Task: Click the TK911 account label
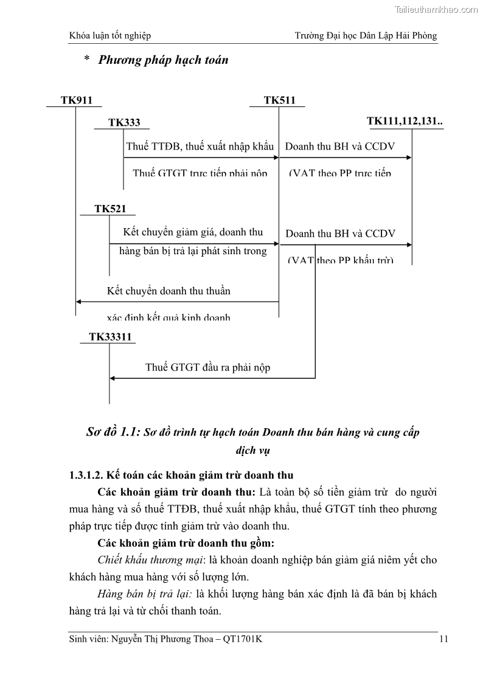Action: tap(77, 100)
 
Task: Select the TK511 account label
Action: tap(280, 100)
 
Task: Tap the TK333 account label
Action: tap(124, 122)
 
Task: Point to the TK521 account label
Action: tap(110, 209)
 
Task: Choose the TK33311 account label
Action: tap(110, 336)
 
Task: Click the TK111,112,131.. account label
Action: tap(405, 121)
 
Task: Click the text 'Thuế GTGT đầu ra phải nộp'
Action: tap(208, 367)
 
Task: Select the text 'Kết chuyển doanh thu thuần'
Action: tap(169, 291)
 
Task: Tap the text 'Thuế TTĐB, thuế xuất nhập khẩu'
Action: tap(200, 146)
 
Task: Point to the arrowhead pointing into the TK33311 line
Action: tap(113, 378)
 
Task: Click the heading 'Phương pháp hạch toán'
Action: tap(163, 60)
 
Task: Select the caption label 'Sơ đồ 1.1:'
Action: tap(114, 432)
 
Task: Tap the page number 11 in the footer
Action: tap(443, 639)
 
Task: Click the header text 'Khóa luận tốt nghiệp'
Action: tap(110, 36)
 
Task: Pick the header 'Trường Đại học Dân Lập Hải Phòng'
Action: tap(366, 36)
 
